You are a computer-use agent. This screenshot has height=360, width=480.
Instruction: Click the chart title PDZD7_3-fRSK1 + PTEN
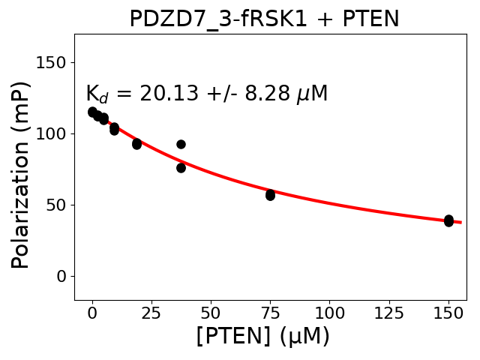(264, 18)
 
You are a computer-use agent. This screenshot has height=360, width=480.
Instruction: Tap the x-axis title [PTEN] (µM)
(262, 336)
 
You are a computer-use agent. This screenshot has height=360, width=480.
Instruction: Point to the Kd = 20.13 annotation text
(206, 94)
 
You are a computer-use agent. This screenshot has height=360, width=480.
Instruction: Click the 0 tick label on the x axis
(92, 310)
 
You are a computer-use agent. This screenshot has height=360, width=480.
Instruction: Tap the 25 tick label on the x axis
(151, 310)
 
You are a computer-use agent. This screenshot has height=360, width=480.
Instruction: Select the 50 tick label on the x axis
(211, 310)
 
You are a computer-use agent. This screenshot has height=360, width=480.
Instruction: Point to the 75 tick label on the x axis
(270, 310)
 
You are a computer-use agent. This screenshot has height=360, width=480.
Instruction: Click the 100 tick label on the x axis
(329, 310)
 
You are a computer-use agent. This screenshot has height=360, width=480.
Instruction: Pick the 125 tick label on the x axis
(388, 310)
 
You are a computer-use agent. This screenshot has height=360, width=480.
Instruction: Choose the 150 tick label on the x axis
(448, 310)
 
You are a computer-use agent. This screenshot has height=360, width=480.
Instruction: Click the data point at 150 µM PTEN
(448, 220)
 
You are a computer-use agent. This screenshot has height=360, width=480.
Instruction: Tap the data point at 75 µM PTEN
(270, 195)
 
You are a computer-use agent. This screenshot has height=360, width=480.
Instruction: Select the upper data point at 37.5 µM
(181, 144)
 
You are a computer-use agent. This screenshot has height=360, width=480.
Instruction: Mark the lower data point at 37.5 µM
(181, 167)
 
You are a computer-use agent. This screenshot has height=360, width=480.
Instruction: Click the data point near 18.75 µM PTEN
(136, 143)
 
